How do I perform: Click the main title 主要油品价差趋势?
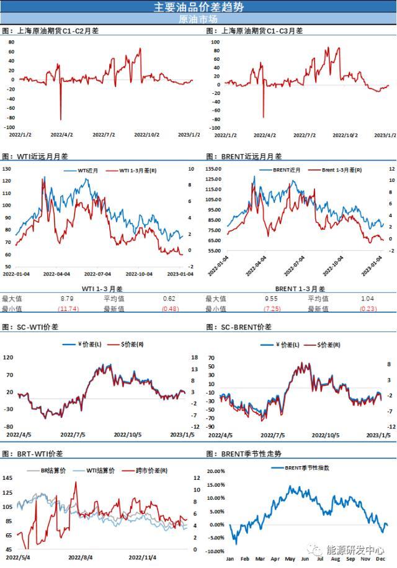coord(198,7)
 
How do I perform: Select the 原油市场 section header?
coord(198,19)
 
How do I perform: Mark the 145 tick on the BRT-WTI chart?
coord(8,477)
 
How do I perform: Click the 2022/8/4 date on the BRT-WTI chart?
coord(80,557)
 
